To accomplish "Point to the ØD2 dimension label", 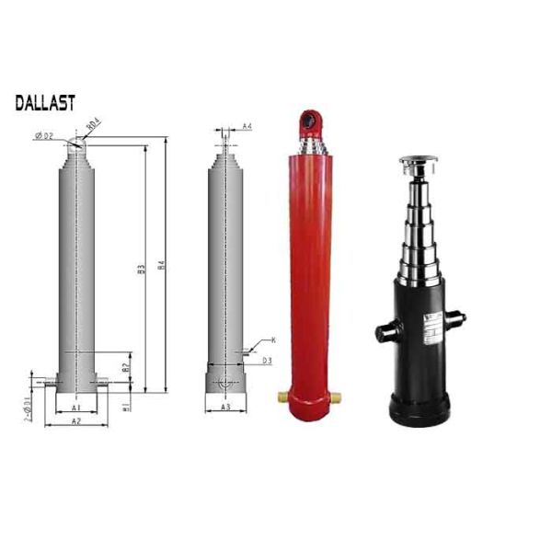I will click(44, 136).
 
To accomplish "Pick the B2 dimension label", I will click(126, 366).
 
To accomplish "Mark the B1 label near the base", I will click(126, 407).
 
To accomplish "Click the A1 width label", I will click(78, 407).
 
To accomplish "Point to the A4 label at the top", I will click(247, 127).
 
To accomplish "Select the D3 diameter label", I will click(266, 361).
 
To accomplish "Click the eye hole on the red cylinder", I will click(309, 120).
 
